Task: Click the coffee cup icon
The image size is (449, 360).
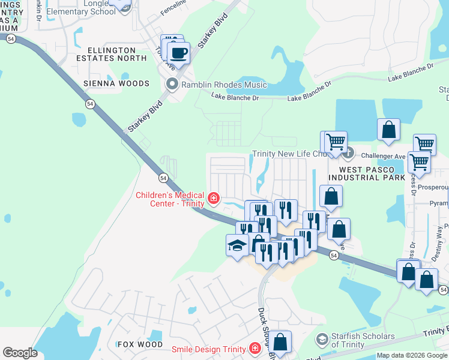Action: (178, 53)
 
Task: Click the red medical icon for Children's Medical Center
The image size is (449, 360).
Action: (213, 198)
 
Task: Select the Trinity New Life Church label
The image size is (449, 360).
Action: (288, 154)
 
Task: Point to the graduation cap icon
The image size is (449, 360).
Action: (237, 245)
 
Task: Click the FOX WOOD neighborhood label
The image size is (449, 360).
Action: (140, 344)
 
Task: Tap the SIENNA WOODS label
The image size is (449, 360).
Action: (116, 83)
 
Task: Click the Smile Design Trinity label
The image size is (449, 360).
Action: (208, 349)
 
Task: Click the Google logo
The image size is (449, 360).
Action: (20, 353)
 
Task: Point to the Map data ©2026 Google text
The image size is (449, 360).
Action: (412, 355)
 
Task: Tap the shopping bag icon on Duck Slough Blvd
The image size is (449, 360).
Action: (280, 342)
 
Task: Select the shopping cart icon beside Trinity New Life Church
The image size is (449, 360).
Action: (335, 142)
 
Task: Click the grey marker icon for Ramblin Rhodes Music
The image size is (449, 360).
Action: (173, 85)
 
